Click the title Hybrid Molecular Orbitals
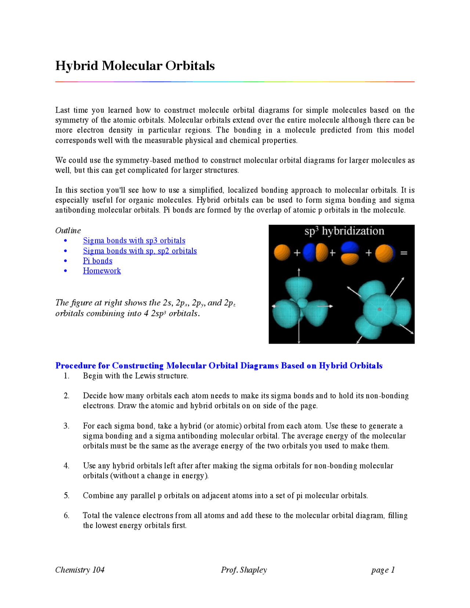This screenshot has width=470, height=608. click(135, 66)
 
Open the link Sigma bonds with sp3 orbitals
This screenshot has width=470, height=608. click(134, 240)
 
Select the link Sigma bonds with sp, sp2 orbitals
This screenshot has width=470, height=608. click(140, 251)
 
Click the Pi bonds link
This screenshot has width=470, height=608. click(98, 261)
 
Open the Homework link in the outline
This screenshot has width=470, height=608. click(102, 271)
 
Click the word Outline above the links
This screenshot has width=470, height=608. click(68, 231)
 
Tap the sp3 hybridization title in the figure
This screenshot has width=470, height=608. click(344, 231)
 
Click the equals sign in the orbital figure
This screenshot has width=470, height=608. click(404, 253)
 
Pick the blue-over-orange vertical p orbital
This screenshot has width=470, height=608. click(350, 253)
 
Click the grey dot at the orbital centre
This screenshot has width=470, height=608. click(379, 310)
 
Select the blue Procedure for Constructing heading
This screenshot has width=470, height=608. click(219, 366)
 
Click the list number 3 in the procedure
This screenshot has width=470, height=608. click(66, 426)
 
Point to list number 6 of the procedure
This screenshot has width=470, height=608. click(66, 515)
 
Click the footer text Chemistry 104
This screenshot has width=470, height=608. click(80, 570)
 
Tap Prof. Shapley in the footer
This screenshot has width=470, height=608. click(244, 570)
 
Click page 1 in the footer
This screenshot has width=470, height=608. click(383, 570)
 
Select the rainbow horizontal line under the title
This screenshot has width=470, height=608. click(235, 82)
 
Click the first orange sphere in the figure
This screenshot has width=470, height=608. click(282, 253)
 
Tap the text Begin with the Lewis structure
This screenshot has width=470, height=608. click(135, 376)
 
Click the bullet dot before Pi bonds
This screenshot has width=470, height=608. click(66, 261)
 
